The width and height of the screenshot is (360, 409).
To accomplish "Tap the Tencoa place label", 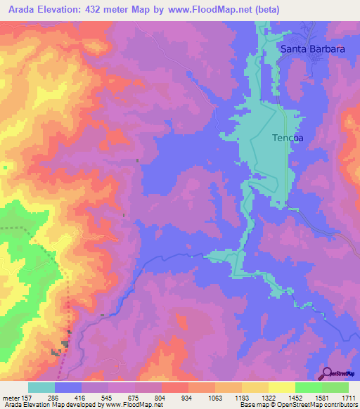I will tap(288, 138).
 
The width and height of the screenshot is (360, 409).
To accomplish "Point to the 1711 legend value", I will tap(348, 397).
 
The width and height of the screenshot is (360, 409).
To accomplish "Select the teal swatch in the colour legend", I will tap(41, 387).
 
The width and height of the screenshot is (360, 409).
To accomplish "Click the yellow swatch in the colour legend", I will tap(281, 387).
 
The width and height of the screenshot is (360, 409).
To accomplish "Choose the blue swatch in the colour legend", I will tap(68, 387).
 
